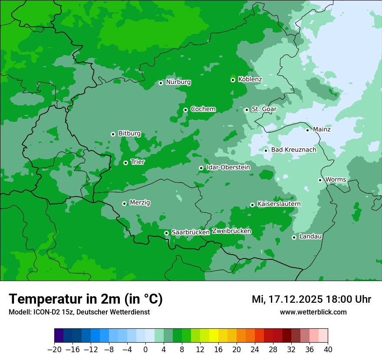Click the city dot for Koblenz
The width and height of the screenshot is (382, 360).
pyautogui.click(x=233, y=80)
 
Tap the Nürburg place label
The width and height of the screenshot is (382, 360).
pyautogui.click(x=178, y=82)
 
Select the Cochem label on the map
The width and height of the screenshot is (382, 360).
pyautogui.click(x=203, y=109)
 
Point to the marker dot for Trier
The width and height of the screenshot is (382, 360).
pyautogui.click(x=125, y=163)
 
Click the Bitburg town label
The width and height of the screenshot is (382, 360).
pyautogui.click(x=129, y=134)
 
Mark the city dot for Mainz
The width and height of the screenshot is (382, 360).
pyautogui.click(x=307, y=130)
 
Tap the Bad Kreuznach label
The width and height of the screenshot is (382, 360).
pyautogui.click(x=293, y=150)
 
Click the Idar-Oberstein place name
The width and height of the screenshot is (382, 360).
pyautogui.click(x=228, y=167)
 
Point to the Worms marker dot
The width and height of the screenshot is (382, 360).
pyautogui.click(x=320, y=180)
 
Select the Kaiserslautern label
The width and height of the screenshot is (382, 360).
pyautogui.click(x=279, y=204)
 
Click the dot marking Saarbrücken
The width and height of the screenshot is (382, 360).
pyautogui.click(x=166, y=233)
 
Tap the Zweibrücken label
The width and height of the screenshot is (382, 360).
pyautogui.click(x=231, y=231)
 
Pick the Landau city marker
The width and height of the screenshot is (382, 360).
pyautogui.click(x=294, y=237)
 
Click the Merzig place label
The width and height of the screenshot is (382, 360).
pyautogui.click(x=140, y=203)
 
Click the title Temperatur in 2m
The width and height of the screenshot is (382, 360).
pyautogui.click(x=86, y=299)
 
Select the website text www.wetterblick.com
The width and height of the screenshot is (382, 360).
pyautogui.click(x=313, y=312)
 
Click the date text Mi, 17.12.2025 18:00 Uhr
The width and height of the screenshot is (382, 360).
pyautogui.click(x=311, y=299)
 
